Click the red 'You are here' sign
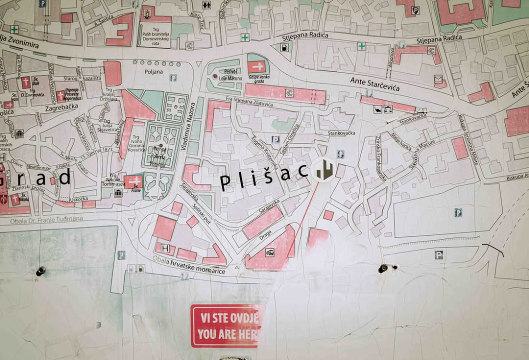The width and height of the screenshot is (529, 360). pos(227,325)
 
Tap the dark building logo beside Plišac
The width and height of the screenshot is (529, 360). pos(324,170)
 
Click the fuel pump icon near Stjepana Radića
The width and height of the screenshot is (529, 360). pos(284,48)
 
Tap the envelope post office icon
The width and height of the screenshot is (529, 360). pos(438,78)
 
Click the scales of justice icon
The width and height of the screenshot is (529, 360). pos(378,109)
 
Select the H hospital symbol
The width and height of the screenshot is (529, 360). pos(165,248)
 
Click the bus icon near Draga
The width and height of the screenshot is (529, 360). pos(270,252)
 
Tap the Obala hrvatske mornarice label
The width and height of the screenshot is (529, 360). pos(189,265)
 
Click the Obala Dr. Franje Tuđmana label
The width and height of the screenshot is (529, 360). pos(41,219)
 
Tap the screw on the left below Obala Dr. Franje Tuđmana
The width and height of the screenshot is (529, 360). pos(40,271)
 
